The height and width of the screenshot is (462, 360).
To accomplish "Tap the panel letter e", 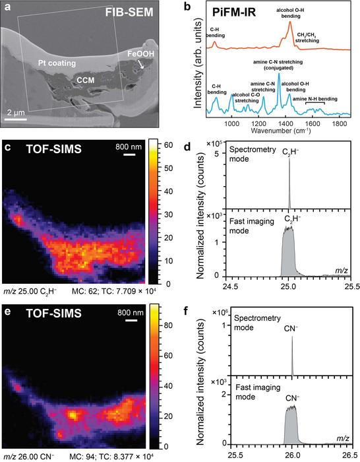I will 7,305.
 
